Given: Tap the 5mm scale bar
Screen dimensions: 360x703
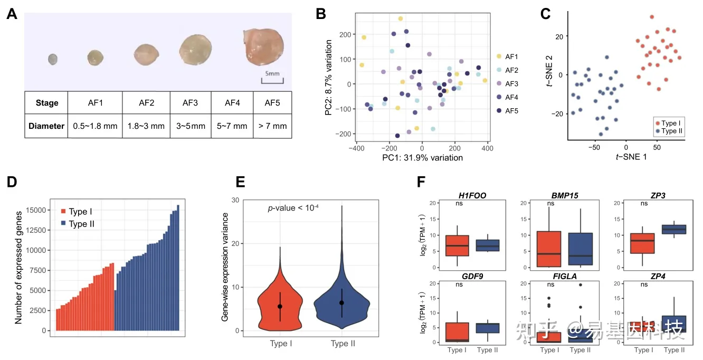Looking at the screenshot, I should coord(272,80).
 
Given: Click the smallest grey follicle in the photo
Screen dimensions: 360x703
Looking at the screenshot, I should coord(52,59).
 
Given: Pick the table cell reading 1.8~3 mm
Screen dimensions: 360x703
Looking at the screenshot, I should coord(146,126).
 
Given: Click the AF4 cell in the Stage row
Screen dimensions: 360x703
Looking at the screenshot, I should coord(232,102).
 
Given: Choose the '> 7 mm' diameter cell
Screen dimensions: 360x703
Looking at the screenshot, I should coord(272,126).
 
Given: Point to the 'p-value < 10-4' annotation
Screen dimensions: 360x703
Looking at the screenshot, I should coord(296,209).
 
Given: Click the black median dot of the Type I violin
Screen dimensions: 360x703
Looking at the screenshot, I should coord(280,306).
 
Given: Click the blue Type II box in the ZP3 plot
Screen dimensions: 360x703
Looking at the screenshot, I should coord(674,229).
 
